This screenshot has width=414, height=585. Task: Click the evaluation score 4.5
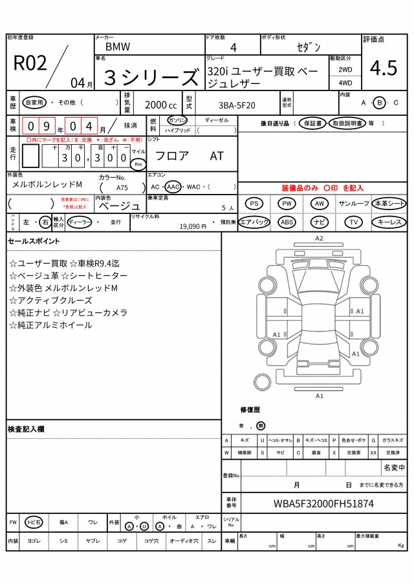click(384, 67)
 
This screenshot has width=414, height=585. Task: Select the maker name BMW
click(117, 47)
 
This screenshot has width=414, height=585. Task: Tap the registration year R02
click(30, 63)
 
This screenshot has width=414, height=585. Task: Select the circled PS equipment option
click(255, 204)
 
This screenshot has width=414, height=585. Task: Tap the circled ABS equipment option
click(287, 222)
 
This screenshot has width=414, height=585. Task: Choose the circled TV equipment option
click(353, 222)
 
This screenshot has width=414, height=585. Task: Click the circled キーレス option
click(389, 222)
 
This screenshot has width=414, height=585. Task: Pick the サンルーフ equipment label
click(354, 204)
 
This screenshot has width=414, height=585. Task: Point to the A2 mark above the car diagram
click(319, 239)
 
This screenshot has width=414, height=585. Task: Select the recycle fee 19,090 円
click(193, 226)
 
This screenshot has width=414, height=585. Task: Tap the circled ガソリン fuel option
click(177, 120)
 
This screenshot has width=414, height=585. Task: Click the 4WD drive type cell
click(345, 83)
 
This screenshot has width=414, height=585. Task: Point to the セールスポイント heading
click(34, 241)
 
